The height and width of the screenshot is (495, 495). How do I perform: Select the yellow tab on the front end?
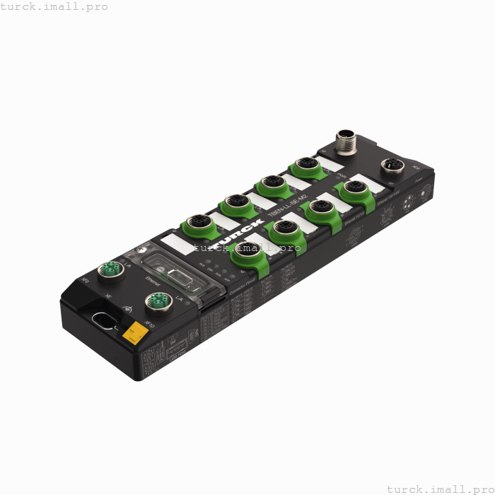tap(133, 333)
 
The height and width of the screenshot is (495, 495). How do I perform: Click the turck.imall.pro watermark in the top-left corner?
tap(54, 6)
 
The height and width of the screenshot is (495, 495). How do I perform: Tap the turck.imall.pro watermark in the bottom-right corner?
tap(440, 489)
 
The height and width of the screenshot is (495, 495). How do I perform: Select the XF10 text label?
tap(148, 325)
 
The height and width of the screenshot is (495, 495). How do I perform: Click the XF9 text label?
tap(86, 281)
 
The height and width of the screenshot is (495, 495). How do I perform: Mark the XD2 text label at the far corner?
tap(416, 168)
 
